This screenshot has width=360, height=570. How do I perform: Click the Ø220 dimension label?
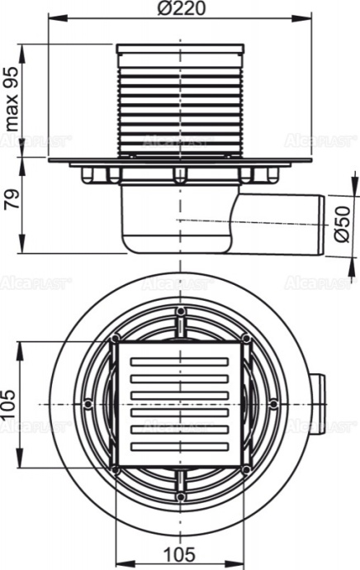179,9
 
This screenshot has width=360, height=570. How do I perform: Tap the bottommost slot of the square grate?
180,447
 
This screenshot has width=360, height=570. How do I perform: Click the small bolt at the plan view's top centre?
180,311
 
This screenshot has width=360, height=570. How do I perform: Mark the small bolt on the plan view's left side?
88,403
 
